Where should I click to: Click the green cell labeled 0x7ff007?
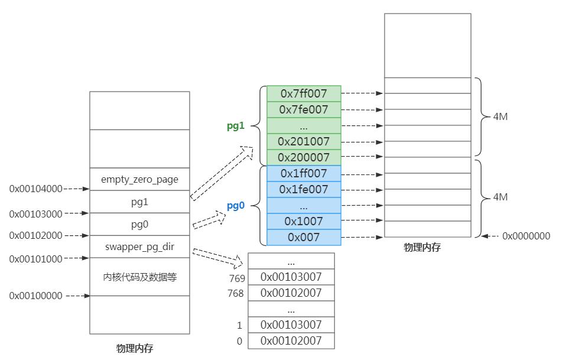pyautogui.click(x=304, y=93)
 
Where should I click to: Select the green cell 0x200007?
pyautogui.click(x=304, y=157)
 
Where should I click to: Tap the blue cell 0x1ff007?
pyautogui.click(x=304, y=173)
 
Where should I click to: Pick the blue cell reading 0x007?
pyautogui.click(x=304, y=237)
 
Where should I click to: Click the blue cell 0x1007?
pyautogui.click(x=304, y=221)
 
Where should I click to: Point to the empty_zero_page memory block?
pyautogui.click(x=139, y=179)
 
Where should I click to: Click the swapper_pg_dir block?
pyautogui.click(x=139, y=247)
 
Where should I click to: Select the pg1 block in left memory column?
pyautogui.click(x=139, y=202)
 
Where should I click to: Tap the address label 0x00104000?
pyautogui.click(x=35, y=189)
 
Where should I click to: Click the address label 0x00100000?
pyautogui.click(x=35, y=296)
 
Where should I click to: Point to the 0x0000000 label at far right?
pyautogui.click(x=526, y=236)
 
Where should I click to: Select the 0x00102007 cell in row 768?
pyautogui.click(x=291, y=293)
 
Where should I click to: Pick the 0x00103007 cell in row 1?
pyautogui.click(x=291, y=325)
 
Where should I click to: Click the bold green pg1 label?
pyautogui.click(x=235, y=125)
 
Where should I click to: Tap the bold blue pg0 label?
pyautogui.click(x=235, y=206)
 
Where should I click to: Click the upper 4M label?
pyautogui.click(x=500, y=116)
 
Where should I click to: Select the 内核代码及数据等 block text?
pyautogui.click(x=139, y=277)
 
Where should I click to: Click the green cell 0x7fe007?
pyautogui.click(x=304, y=109)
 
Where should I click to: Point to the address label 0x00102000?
pyautogui.click(x=35, y=235)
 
